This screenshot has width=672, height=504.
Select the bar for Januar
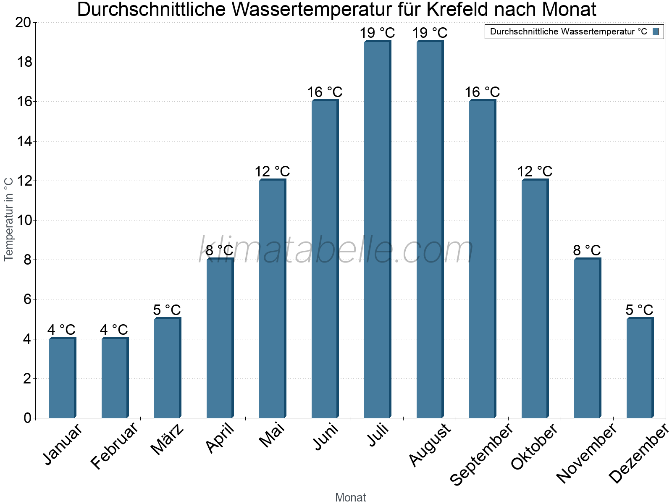coord(62,378)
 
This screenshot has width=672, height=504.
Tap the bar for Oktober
coord(535,299)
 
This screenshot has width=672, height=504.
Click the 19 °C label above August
coord(430,33)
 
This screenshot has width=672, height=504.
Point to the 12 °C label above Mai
coord(272,171)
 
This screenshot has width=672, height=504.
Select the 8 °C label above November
coord(587,250)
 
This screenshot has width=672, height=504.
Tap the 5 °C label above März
coord(167,310)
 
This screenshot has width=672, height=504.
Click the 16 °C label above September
coord(482,92)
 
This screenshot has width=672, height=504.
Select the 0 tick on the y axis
coord(28,418)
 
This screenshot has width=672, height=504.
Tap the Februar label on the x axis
coord(114,446)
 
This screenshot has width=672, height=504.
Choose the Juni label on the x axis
coord(326,437)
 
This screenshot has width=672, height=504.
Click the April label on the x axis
coord(220,439)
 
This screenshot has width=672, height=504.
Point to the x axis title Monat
coord(350,497)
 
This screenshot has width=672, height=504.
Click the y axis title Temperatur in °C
coord(9,219)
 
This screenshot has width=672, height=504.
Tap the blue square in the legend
coord(656,31)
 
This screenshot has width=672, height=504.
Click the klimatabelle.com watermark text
coord(336,250)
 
